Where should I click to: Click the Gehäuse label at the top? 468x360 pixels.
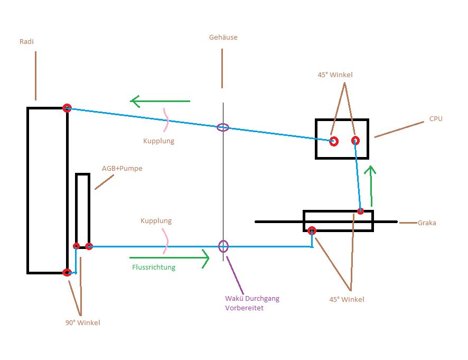point(222,38)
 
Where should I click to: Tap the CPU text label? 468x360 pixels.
point(436,119)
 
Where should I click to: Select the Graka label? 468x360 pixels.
point(427,223)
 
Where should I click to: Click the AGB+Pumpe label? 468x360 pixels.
point(122,169)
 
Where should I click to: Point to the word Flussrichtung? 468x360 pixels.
point(154,267)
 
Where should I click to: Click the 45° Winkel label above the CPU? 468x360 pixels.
point(335,75)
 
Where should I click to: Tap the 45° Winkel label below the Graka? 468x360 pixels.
point(347,299)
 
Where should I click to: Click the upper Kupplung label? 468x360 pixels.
point(158,141)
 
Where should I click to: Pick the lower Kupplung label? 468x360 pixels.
point(156,220)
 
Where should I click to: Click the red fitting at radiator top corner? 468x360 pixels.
point(67,108)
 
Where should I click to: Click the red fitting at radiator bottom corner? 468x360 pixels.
point(67,272)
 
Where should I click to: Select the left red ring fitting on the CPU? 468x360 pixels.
point(334,141)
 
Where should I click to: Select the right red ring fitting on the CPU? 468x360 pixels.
point(355,140)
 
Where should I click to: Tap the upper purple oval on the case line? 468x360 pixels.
point(223,127)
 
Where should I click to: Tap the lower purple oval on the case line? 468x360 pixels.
point(223,246)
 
